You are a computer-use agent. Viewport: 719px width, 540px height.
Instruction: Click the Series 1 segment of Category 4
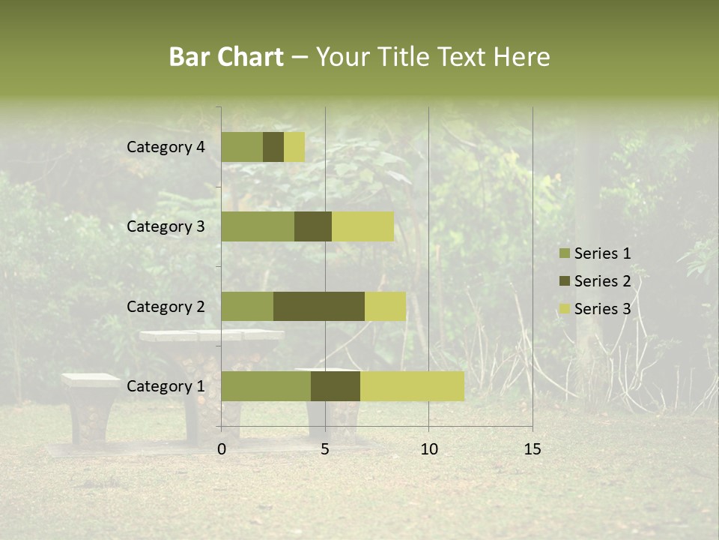point(242,147)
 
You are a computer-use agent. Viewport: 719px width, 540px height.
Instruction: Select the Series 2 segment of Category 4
point(273,147)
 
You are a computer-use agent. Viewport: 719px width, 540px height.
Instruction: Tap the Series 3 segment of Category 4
point(294,147)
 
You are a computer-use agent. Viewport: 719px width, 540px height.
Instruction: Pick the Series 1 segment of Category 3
point(258,226)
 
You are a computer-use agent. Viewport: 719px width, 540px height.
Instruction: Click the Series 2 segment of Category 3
point(313,226)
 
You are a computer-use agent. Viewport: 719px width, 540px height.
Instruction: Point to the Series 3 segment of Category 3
point(362,226)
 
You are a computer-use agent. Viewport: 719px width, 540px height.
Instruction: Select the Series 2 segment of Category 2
point(319,306)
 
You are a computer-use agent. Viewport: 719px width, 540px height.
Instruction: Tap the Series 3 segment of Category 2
point(385,306)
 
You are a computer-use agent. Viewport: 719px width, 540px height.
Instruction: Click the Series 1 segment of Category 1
point(266,386)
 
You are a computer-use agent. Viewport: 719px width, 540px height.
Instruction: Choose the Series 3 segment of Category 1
point(412,386)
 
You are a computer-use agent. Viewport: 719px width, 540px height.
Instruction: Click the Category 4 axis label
point(166,147)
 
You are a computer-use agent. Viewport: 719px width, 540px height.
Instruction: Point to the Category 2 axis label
point(166,307)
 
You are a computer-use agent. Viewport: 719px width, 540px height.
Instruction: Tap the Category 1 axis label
point(166,386)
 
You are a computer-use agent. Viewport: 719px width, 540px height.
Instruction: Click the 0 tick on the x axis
point(222,449)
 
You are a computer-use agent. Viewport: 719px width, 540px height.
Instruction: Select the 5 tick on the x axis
point(325,449)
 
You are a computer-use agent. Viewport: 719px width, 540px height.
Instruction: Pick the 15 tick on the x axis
point(532,449)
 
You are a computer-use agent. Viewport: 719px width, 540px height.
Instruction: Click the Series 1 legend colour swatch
point(564,253)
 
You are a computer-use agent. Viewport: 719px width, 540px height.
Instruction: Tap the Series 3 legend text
point(602,309)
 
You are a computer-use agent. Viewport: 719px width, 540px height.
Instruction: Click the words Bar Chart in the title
point(226,57)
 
